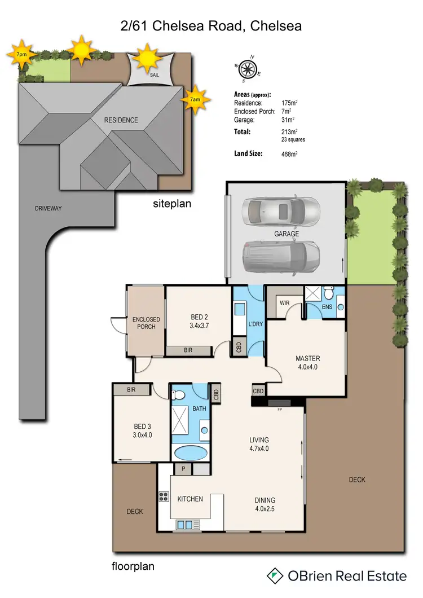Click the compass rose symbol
pos(247,69)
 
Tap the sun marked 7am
pos(195,99)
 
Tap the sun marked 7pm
pos(21,55)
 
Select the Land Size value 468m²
pos(290,153)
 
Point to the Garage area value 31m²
pos(288,120)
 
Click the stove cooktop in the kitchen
pos(164,496)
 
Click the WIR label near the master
pos(285,303)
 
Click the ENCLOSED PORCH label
pos(146,323)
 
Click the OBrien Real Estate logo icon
pos(275,575)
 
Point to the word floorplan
pos(134,565)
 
